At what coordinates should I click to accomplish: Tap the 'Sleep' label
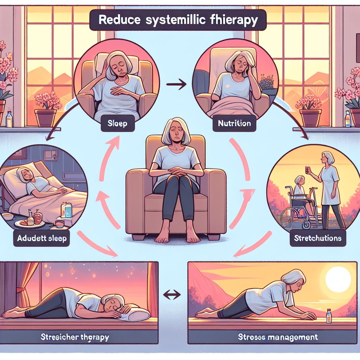[118, 124]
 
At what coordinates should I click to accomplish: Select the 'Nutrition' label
[234, 123]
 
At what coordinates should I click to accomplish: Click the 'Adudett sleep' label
[42, 238]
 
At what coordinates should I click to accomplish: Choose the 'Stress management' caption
[278, 337]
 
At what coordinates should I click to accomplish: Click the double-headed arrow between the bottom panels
[172, 295]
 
